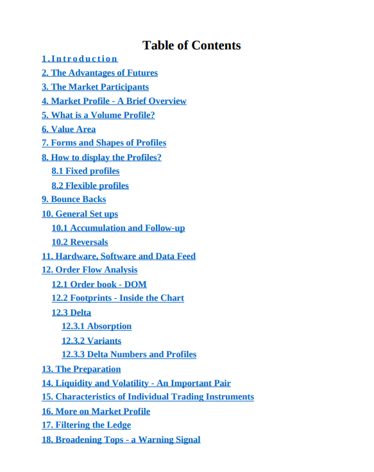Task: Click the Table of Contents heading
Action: point(191,45)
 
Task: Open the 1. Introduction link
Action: point(80,59)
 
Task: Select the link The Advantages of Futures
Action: point(99,73)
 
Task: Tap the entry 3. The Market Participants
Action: point(95,87)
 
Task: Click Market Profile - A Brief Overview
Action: point(114,101)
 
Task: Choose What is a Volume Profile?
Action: point(98,115)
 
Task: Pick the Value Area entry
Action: point(69,130)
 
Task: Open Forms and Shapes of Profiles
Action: point(104,143)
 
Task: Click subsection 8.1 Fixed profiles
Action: point(85,171)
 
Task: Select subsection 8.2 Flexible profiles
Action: point(90,185)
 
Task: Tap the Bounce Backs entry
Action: point(74,199)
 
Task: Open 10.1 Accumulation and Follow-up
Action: point(118,228)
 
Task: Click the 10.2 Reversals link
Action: point(80,242)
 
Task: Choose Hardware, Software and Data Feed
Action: point(119,257)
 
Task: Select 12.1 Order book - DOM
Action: point(99,285)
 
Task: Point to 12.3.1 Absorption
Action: point(96,326)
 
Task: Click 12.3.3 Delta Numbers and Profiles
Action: point(129,355)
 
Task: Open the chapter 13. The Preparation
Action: point(81,369)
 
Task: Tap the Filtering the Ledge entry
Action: point(86,425)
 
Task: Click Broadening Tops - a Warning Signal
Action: point(121,440)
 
